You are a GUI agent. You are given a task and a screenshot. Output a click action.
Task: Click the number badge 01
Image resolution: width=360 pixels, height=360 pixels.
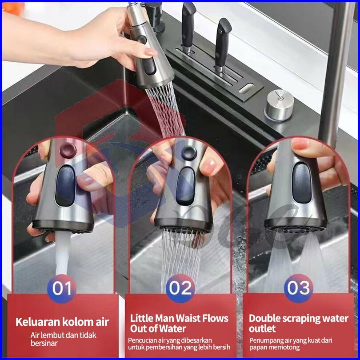tap(62, 288)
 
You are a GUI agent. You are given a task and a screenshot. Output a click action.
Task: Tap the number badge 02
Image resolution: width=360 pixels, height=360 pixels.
tap(180, 288)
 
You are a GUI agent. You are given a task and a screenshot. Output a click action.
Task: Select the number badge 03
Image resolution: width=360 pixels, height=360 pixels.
tap(298, 288)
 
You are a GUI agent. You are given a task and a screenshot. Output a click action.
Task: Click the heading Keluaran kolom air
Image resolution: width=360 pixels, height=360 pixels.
tap(62, 322)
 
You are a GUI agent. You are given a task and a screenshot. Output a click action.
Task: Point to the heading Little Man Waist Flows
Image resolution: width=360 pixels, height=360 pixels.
tap(179, 318)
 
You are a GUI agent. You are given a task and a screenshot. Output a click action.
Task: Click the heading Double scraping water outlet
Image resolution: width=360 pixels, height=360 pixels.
tap(299, 323)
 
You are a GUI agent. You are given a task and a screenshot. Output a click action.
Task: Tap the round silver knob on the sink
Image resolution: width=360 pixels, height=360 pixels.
tap(280, 105)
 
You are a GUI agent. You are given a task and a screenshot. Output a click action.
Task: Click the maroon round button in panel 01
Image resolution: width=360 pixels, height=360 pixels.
tap(68, 150)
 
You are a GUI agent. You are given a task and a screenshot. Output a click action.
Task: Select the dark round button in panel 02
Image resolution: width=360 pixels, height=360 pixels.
tap(189, 153)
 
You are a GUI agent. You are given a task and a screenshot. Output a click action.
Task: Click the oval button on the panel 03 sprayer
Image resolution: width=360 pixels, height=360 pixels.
tap(302, 183)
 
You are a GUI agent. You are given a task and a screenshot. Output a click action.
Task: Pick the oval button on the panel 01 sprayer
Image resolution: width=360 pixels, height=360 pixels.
tap(65, 186)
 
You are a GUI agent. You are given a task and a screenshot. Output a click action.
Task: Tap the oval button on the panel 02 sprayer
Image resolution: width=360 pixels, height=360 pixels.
tap(185, 186)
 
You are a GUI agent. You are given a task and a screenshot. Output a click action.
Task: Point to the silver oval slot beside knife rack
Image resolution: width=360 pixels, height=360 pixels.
tap(246, 88)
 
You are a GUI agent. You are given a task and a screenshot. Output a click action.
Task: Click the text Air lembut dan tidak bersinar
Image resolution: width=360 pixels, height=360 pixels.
tap(64, 339)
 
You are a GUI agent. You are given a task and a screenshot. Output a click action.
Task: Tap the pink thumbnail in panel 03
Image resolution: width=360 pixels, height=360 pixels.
tap(300, 144)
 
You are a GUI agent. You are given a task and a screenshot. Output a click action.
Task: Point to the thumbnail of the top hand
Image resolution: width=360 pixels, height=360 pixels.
tap(151, 52)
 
